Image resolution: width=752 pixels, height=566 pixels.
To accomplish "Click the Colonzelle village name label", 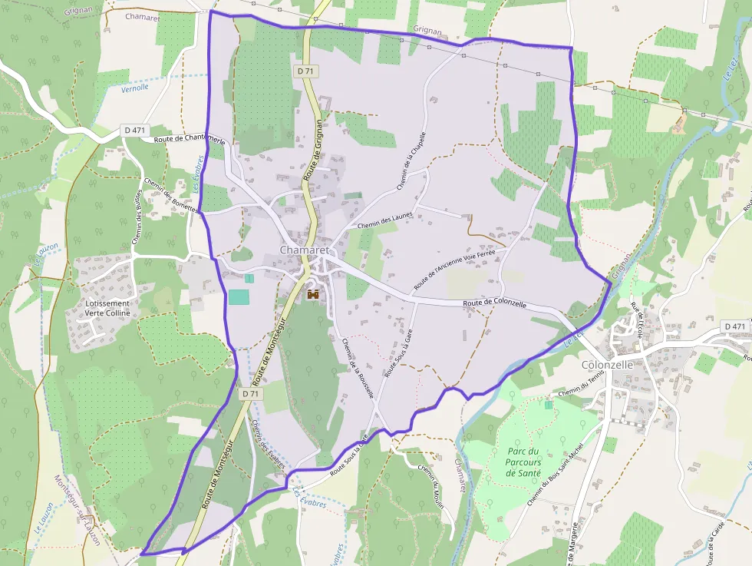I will [x=607, y=365].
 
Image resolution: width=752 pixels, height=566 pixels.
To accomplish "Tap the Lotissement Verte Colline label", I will [x=107, y=308].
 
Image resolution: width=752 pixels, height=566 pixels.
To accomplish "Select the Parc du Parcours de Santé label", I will [x=524, y=462].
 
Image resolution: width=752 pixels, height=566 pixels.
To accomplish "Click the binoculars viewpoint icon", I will [x=313, y=294].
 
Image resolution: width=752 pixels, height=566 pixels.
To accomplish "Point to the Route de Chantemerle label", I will [x=190, y=141].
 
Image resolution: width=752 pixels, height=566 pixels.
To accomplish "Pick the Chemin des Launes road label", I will [x=385, y=220].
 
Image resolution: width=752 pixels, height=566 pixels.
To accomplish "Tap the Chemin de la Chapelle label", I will [x=411, y=161].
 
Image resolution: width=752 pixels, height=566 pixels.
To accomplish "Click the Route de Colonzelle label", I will [x=494, y=304].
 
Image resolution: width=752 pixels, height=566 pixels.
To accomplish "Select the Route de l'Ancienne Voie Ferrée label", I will [x=454, y=270].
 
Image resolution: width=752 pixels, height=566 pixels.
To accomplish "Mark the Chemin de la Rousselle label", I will [x=358, y=368].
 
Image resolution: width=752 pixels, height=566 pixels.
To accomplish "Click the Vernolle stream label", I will [x=135, y=88].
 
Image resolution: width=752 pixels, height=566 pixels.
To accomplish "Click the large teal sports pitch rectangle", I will [x=239, y=297].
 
